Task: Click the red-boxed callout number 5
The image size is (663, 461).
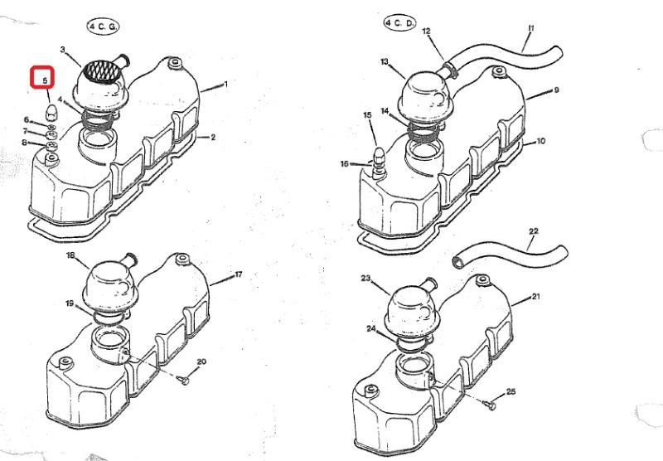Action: click(x=46, y=80)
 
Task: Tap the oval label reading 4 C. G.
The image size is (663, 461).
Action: click(x=103, y=27)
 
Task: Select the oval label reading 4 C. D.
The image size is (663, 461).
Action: click(x=399, y=23)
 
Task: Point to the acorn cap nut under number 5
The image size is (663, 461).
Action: click(x=51, y=112)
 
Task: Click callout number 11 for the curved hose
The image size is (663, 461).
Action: click(x=531, y=28)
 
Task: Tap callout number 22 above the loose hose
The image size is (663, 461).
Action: click(x=534, y=231)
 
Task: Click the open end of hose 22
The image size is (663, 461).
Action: click(x=458, y=262)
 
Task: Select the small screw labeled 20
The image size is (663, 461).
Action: click(x=184, y=381)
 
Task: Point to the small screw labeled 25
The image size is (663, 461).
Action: click(x=491, y=405)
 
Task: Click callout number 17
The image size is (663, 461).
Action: click(x=238, y=274)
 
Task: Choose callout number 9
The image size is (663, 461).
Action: click(x=556, y=90)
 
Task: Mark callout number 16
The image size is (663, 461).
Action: click(x=345, y=163)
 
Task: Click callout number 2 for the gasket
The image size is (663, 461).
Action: click(x=213, y=137)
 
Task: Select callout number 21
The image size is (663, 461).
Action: click(x=535, y=297)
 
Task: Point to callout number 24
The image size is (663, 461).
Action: click(x=370, y=328)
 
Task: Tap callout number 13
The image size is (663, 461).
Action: click(x=384, y=61)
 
